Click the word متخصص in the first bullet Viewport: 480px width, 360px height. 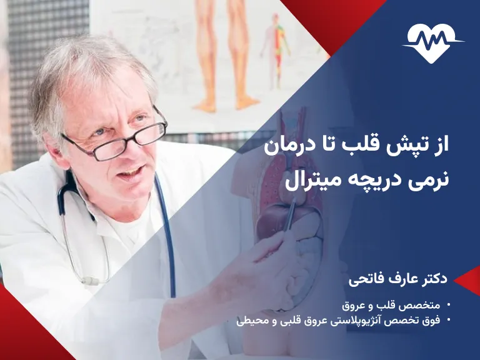click(x=419, y=306)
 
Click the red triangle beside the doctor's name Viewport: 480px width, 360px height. click(x=466, y=281)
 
